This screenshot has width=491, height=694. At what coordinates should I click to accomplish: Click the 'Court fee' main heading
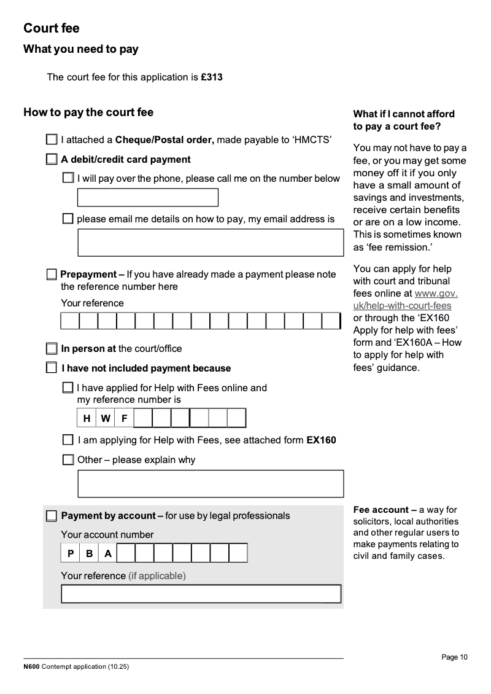(x=52, y=28)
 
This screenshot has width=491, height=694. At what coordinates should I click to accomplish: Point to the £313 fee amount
(x=212, y=77)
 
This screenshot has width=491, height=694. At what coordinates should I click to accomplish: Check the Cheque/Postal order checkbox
(x=52, y=139)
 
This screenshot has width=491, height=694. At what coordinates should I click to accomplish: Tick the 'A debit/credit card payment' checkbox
(x=52, y=160)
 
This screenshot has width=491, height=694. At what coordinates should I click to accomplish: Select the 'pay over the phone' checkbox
(x=68, y=178)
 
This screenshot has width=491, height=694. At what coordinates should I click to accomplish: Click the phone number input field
(x=147, y=198)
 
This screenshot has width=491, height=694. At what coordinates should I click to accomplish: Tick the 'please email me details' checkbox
(x=68, y=219)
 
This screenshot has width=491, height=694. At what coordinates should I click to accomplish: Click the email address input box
(x=210, y=243)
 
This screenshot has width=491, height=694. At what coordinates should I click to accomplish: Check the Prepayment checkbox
(x=52, y=275)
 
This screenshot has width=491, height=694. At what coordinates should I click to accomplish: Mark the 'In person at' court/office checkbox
(x=52, y=349)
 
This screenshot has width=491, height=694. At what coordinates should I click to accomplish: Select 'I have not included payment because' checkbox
(x=52, y=368)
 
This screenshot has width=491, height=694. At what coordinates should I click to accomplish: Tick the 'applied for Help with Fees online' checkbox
(x=68, y=388)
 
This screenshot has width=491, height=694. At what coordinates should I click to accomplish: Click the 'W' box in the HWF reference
(x=106, y=418)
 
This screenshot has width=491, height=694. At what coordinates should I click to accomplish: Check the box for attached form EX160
(x=68, y=440)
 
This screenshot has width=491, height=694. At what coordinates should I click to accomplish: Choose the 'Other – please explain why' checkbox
(x=68, y=459)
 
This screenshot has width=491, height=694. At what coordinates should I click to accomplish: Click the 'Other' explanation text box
(x=210, y=483)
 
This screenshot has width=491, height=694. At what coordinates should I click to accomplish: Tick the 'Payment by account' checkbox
(x=52, y=516)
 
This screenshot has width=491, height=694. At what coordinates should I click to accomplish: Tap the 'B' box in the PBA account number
(x=89, y=553)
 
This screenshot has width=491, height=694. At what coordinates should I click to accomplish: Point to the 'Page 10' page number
(x=454, y=657)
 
